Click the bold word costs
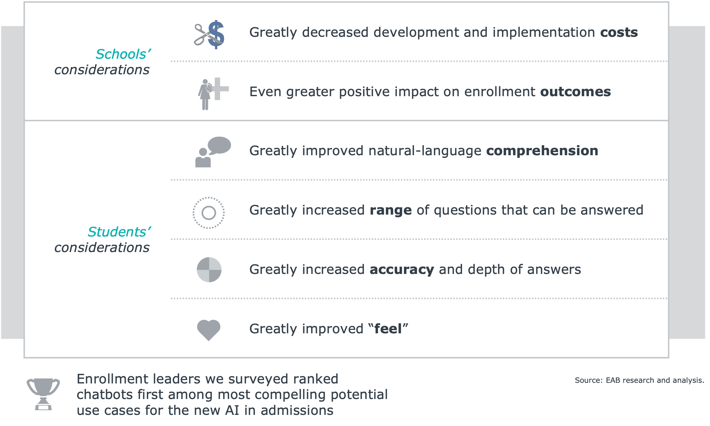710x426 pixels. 619,32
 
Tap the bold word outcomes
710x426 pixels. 575,92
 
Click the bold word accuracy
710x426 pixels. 402,270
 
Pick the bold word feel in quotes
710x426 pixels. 388,329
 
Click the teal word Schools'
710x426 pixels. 123,54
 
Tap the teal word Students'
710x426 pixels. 119,232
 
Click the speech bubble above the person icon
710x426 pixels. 219,146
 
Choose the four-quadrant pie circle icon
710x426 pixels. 209,270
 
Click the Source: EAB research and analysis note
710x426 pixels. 640,380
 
